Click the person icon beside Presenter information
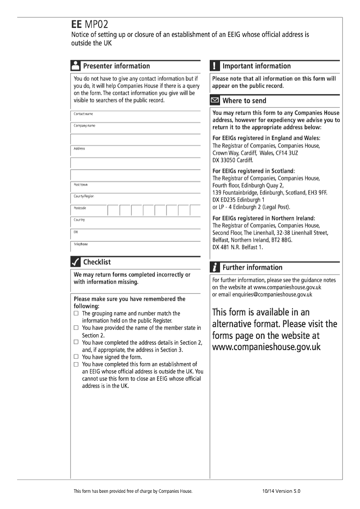[76, 66]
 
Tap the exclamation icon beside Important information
[215, 66]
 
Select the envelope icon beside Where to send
[215, 100]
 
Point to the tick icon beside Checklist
[76, 262]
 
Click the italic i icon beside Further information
[215, 267]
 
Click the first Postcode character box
[113, 210]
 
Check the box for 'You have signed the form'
[76, 357]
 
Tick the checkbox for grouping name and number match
[76, 313]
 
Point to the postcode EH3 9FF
[318, 193]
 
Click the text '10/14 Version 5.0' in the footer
[281, 491]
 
